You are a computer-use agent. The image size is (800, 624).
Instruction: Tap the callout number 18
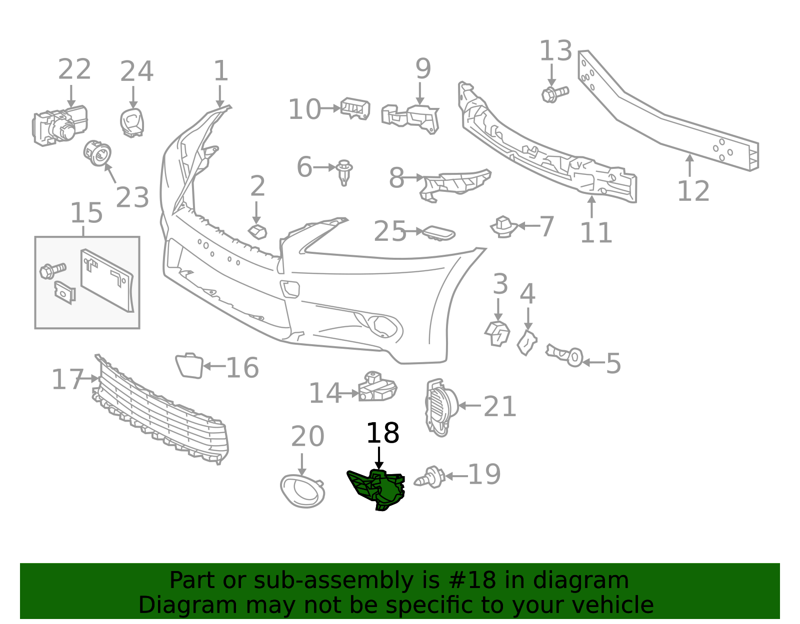pos(382,433)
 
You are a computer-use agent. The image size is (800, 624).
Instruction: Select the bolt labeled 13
pos(555,94)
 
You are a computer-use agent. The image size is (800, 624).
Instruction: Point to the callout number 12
pos(693,191)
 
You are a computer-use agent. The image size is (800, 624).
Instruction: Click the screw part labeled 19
pos(429,477)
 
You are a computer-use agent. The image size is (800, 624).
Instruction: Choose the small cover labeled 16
pos(189,366)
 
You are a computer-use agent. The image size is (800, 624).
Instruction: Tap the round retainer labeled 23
pos(97,152)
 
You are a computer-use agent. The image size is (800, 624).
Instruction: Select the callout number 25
pos(389,231)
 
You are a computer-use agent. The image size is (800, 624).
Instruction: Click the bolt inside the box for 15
pos(53,271)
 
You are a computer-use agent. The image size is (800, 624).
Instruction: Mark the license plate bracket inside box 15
pos(107,281)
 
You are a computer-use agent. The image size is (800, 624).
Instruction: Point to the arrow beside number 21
pos(469,406)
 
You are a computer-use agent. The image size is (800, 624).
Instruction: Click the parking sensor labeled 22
pos(59,126)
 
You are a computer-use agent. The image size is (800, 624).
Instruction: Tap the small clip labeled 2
pos(257,232)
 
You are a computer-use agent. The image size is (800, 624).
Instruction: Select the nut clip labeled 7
pos(503,227)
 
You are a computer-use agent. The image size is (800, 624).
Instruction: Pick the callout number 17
pos(67,380)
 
